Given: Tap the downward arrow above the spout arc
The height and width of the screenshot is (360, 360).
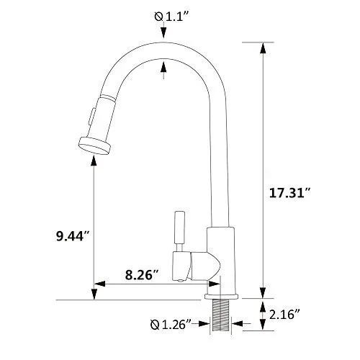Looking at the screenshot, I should pos(165,33).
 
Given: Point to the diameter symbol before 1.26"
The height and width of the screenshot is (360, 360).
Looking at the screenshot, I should pos(154,325).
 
